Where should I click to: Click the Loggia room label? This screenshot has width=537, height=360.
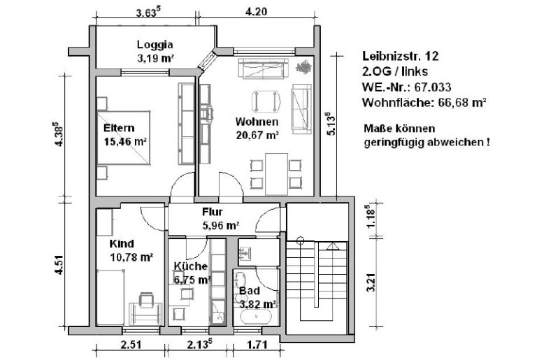155,44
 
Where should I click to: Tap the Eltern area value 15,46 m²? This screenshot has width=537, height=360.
125,142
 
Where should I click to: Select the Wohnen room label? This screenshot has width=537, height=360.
252,122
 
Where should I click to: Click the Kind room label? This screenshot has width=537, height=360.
121,244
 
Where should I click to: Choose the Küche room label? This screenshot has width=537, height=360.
190,266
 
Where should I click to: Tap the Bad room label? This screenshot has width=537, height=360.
248,290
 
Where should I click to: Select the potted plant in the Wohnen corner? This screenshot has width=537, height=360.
304,68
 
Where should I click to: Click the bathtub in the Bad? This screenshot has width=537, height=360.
256,317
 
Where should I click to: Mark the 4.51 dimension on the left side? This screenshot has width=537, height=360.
61,267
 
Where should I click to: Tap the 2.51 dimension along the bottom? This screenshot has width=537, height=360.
131,345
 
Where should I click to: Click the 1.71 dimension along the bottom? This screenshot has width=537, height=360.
257,345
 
